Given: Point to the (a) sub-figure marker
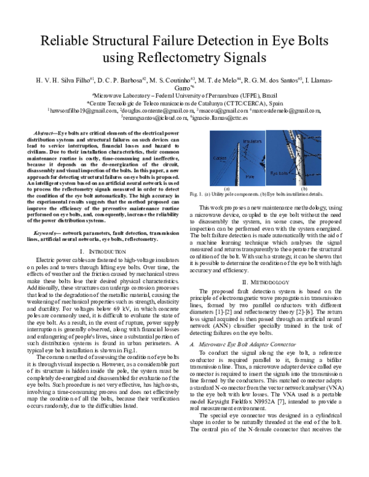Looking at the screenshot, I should tap(227, 189).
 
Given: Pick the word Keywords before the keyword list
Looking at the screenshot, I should tap(47, 234).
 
